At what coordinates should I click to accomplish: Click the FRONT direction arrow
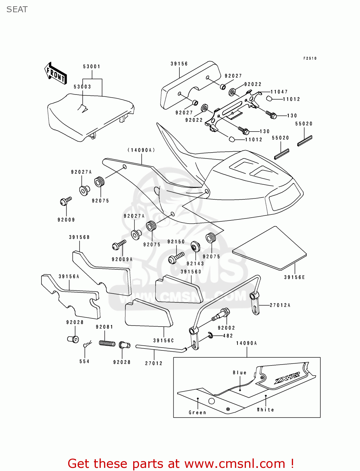(x=56, y=73)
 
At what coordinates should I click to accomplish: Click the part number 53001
(x=91, y=67)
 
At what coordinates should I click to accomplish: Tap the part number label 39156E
(x=294, y=277)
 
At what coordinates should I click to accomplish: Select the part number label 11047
(x=279, y=92)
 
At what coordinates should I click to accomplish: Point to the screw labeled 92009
(x=65, y=201)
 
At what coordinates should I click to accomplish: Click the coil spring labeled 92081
(x=107, y=343)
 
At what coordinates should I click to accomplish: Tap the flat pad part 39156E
(x=270, y=248)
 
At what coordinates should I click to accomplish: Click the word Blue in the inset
(x=239, y=373)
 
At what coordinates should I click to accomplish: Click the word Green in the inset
(x=197, y=413)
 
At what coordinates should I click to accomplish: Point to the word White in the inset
(x=265, y=410)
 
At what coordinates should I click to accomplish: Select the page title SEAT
(x=17, y=9)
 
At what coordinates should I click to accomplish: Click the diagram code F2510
(x=310, y=58)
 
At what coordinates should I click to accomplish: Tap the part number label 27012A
(x=280, y=305)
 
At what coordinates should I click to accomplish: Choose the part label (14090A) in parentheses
(x=141, y=150)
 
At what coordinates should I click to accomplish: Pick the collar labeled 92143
(x=195, y=246)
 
